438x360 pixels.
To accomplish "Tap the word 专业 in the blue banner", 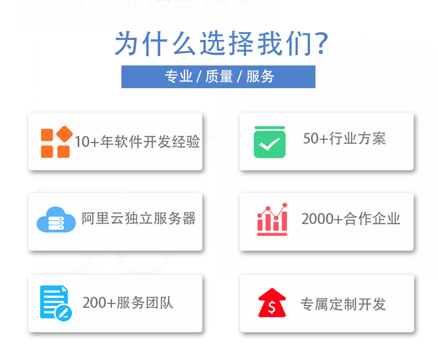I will click(x=179, y=77).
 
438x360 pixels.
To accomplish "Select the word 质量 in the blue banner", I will click(x=219, y=77).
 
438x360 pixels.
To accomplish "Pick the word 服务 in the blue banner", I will click(x=260, y=77).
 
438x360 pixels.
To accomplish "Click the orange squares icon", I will click(x=56, y=142).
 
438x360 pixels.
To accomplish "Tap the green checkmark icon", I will click(x=269, y=142).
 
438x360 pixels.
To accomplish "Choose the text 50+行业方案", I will click(x=344, y=139).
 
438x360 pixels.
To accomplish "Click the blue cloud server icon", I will click(x=55, y=220).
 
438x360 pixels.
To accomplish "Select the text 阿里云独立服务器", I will click(x=139, y=219).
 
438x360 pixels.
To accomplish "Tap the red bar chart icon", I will click(x=272, y=220).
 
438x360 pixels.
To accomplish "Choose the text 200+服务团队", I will click(x=128, y=303).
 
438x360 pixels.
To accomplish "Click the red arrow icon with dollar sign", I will click(x=272, y=303).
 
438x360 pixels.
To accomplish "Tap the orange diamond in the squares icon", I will click(x=65, y=134).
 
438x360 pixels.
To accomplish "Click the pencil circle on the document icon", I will click(x=64, y=312).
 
